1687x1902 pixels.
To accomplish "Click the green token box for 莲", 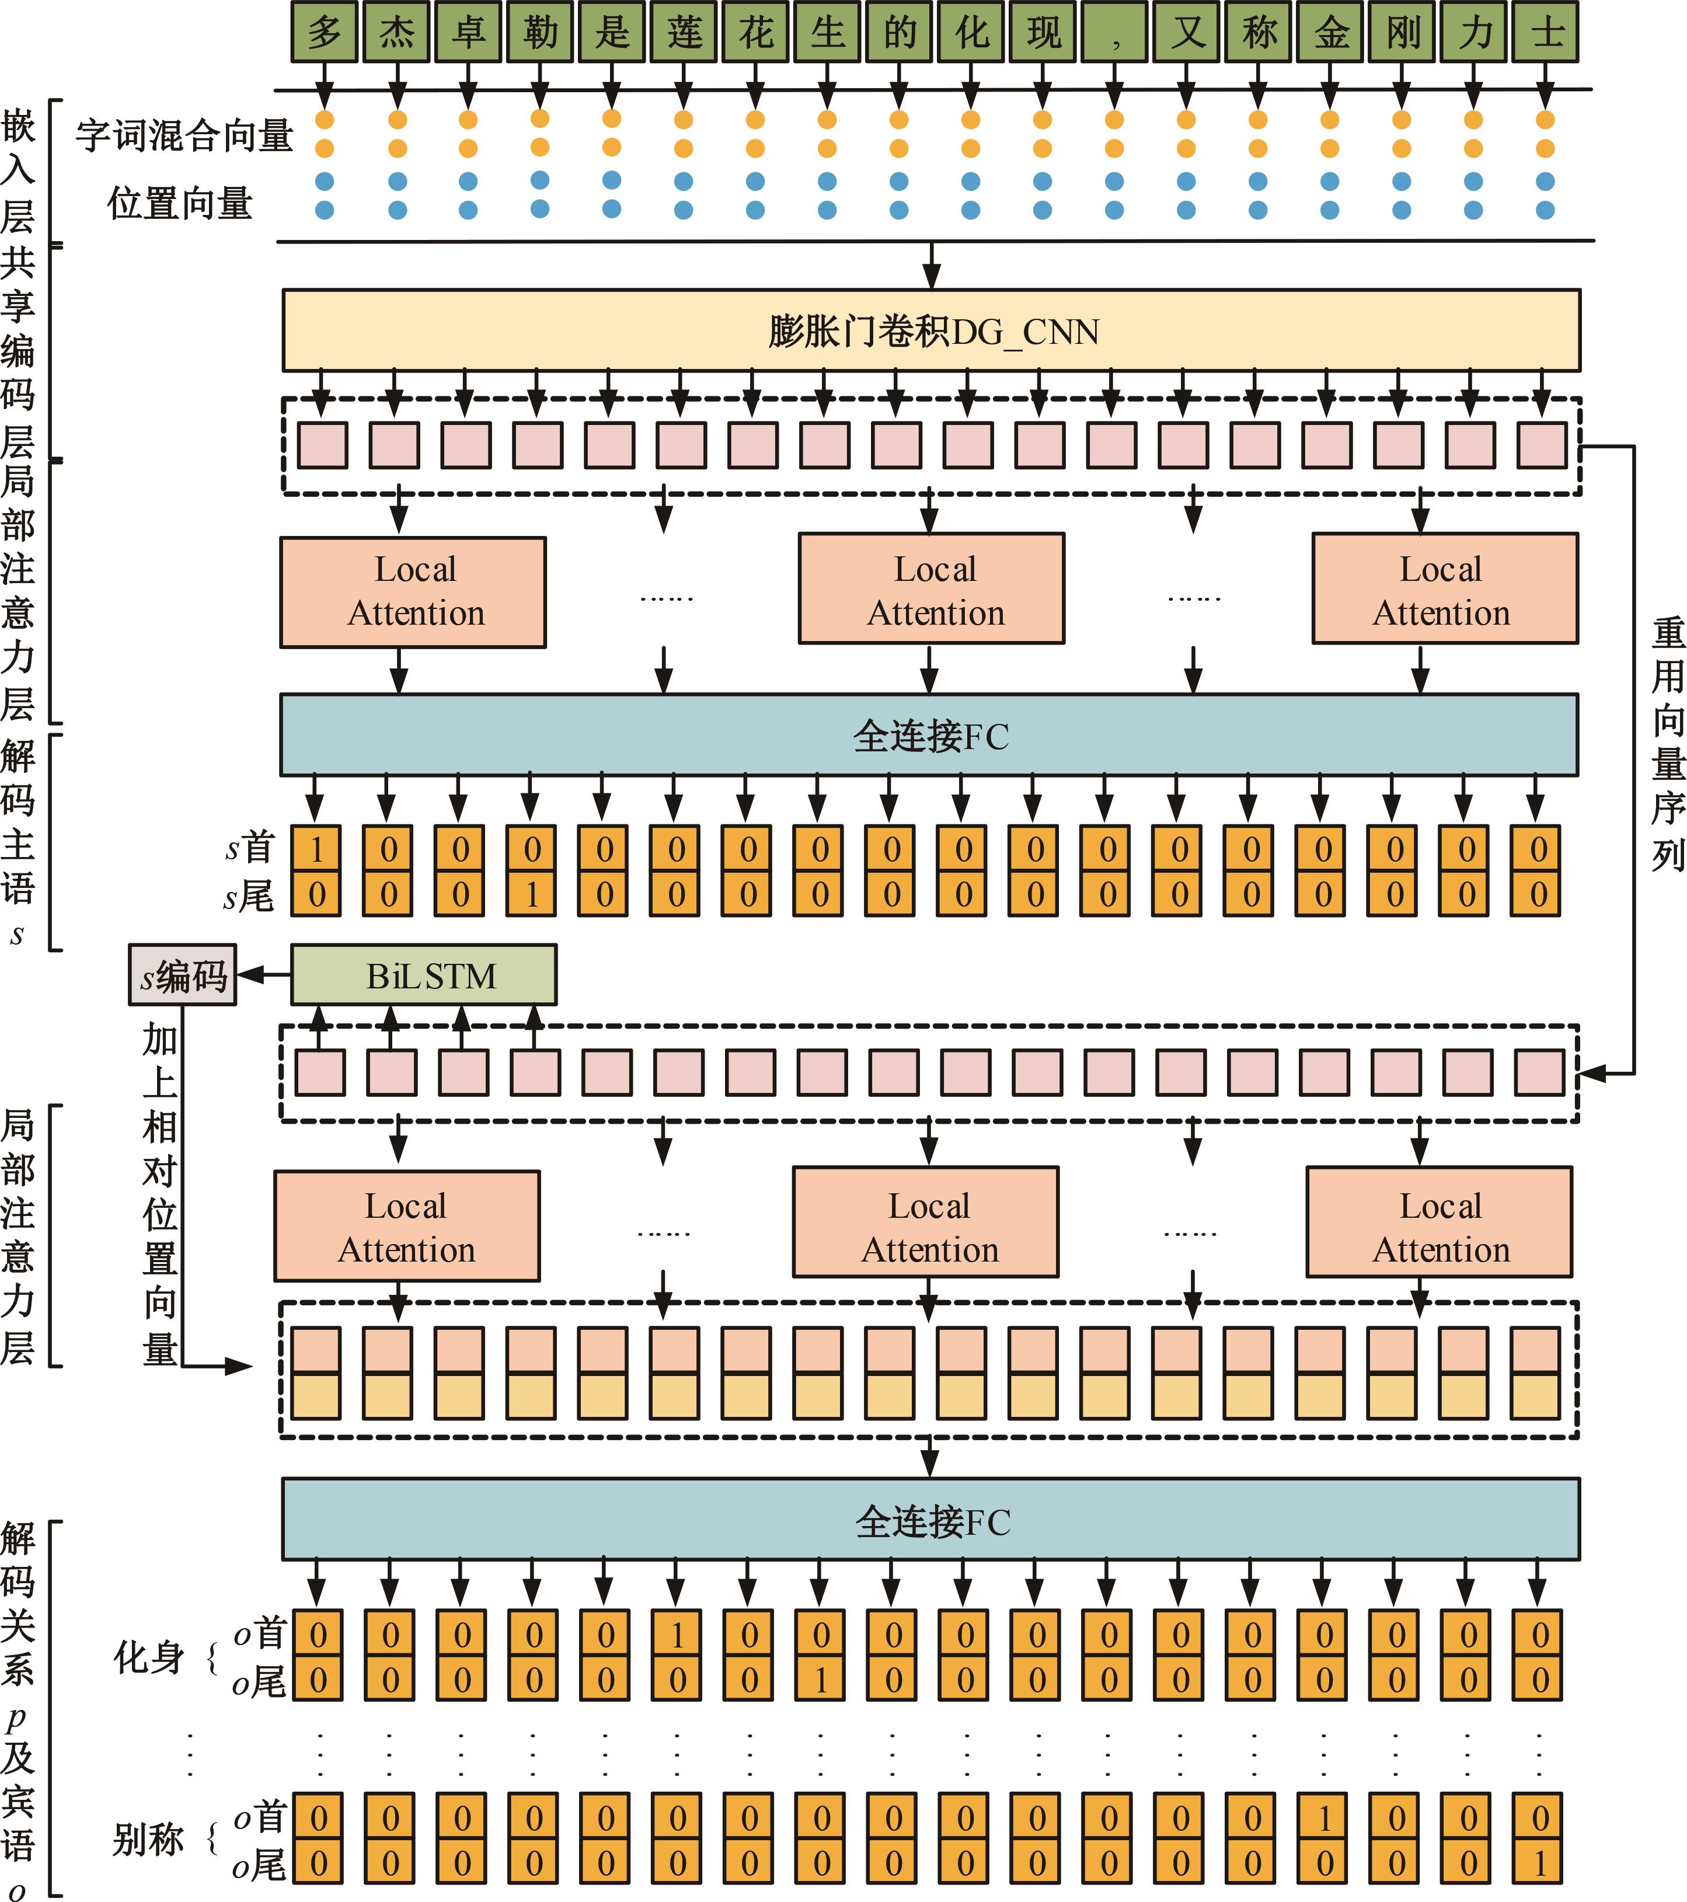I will tap(684, 33).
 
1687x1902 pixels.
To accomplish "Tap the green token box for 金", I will tap(1330, 33).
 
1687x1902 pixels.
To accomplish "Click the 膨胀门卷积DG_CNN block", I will tap(930, 331).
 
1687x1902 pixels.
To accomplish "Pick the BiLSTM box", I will tap(424, 975).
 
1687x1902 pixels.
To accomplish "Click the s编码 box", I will tap(182, 975).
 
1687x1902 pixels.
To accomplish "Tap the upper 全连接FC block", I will tap(929, 735).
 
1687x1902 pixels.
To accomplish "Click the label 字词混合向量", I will tap(184, 135).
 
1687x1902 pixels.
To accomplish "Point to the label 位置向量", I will tap(180, 203).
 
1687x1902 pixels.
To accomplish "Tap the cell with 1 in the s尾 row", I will tap(532, 894).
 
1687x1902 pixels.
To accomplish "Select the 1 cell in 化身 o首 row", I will tap(677, 1634).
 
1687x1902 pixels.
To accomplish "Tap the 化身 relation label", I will tap(149, 1656).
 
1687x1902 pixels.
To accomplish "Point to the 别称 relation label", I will tap(149, 1840).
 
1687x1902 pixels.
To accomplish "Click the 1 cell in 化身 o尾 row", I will tap(821, 1680).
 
